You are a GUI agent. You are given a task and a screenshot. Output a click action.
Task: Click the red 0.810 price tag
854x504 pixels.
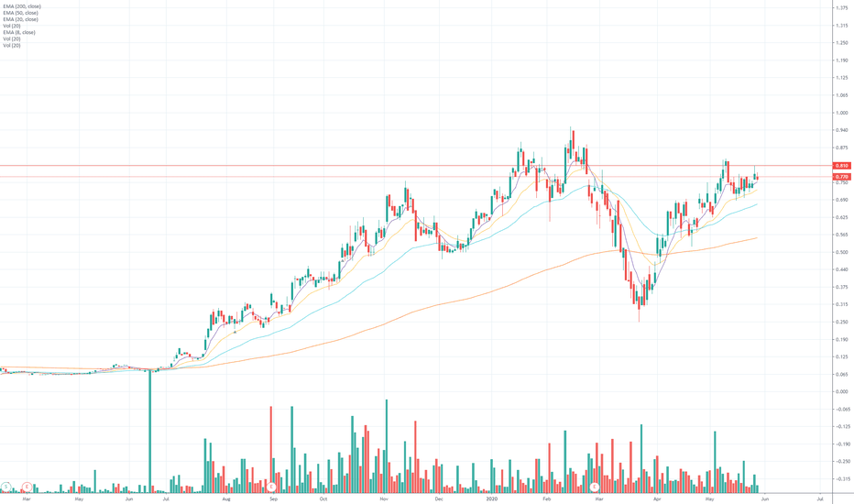coord(842,166)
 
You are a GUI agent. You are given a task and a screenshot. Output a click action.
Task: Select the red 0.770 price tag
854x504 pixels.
coord(842,176)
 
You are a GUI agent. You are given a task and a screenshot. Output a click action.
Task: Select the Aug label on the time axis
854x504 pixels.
coord(225,499)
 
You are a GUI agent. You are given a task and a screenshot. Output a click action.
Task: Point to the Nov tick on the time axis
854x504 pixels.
coord(385,499)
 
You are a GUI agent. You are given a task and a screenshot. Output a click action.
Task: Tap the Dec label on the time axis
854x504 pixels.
coord(439,499)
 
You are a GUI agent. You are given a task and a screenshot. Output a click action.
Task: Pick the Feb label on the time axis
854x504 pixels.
coord(547,499)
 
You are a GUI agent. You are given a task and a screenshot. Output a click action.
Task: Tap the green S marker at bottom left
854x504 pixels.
coord(7,485)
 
